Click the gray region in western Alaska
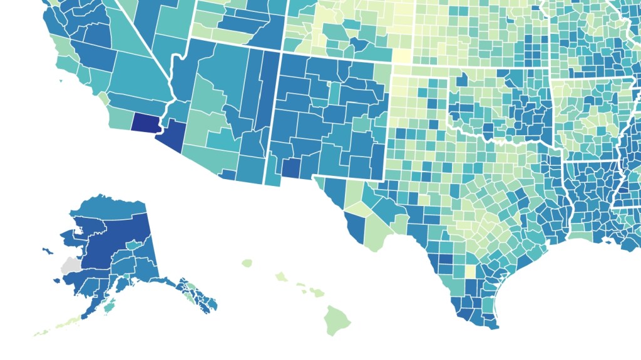[x=71, y=265]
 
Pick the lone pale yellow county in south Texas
[x=470, y=271]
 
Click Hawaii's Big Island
[x=336, y=319]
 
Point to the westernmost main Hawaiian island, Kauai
[x=247, y=263]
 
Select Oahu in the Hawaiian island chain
[x=280, y=275]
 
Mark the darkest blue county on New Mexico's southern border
[x=290, y=167]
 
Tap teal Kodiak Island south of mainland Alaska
[x=110, y=307]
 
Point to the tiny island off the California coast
[x=61, y=81]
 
